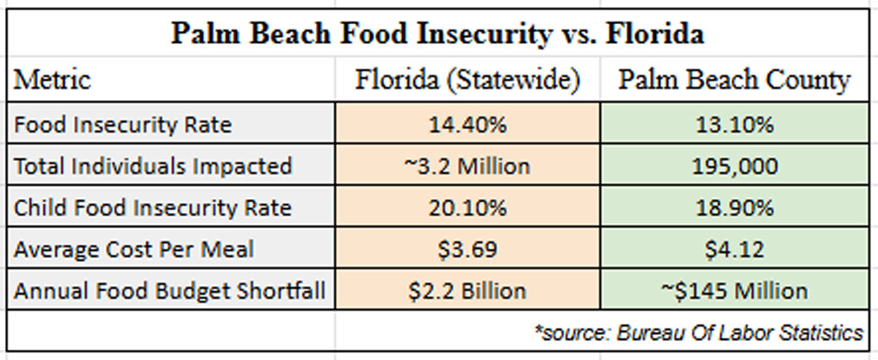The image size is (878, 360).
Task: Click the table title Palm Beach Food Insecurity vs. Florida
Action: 437,34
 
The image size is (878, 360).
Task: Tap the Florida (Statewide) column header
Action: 468,81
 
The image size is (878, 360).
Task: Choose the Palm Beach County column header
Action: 733,81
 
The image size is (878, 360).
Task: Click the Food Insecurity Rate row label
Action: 122,124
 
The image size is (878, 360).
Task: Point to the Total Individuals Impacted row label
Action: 153,165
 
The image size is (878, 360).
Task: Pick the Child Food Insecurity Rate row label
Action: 152,208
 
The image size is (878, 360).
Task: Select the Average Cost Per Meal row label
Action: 133,249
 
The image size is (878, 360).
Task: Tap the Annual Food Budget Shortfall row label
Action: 170,290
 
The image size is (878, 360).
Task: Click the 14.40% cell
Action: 468,124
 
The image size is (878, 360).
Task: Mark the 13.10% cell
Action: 733,124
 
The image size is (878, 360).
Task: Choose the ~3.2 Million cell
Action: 468,165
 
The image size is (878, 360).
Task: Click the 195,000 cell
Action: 733,165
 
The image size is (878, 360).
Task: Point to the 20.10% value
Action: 468,208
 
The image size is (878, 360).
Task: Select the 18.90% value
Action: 733,208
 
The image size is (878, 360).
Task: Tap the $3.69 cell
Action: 468,249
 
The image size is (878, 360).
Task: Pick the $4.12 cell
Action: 733,249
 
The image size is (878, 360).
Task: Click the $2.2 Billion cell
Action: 468,290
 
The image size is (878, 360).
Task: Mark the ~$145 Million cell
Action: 733,290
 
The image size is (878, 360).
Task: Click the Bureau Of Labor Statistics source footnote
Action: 698,332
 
